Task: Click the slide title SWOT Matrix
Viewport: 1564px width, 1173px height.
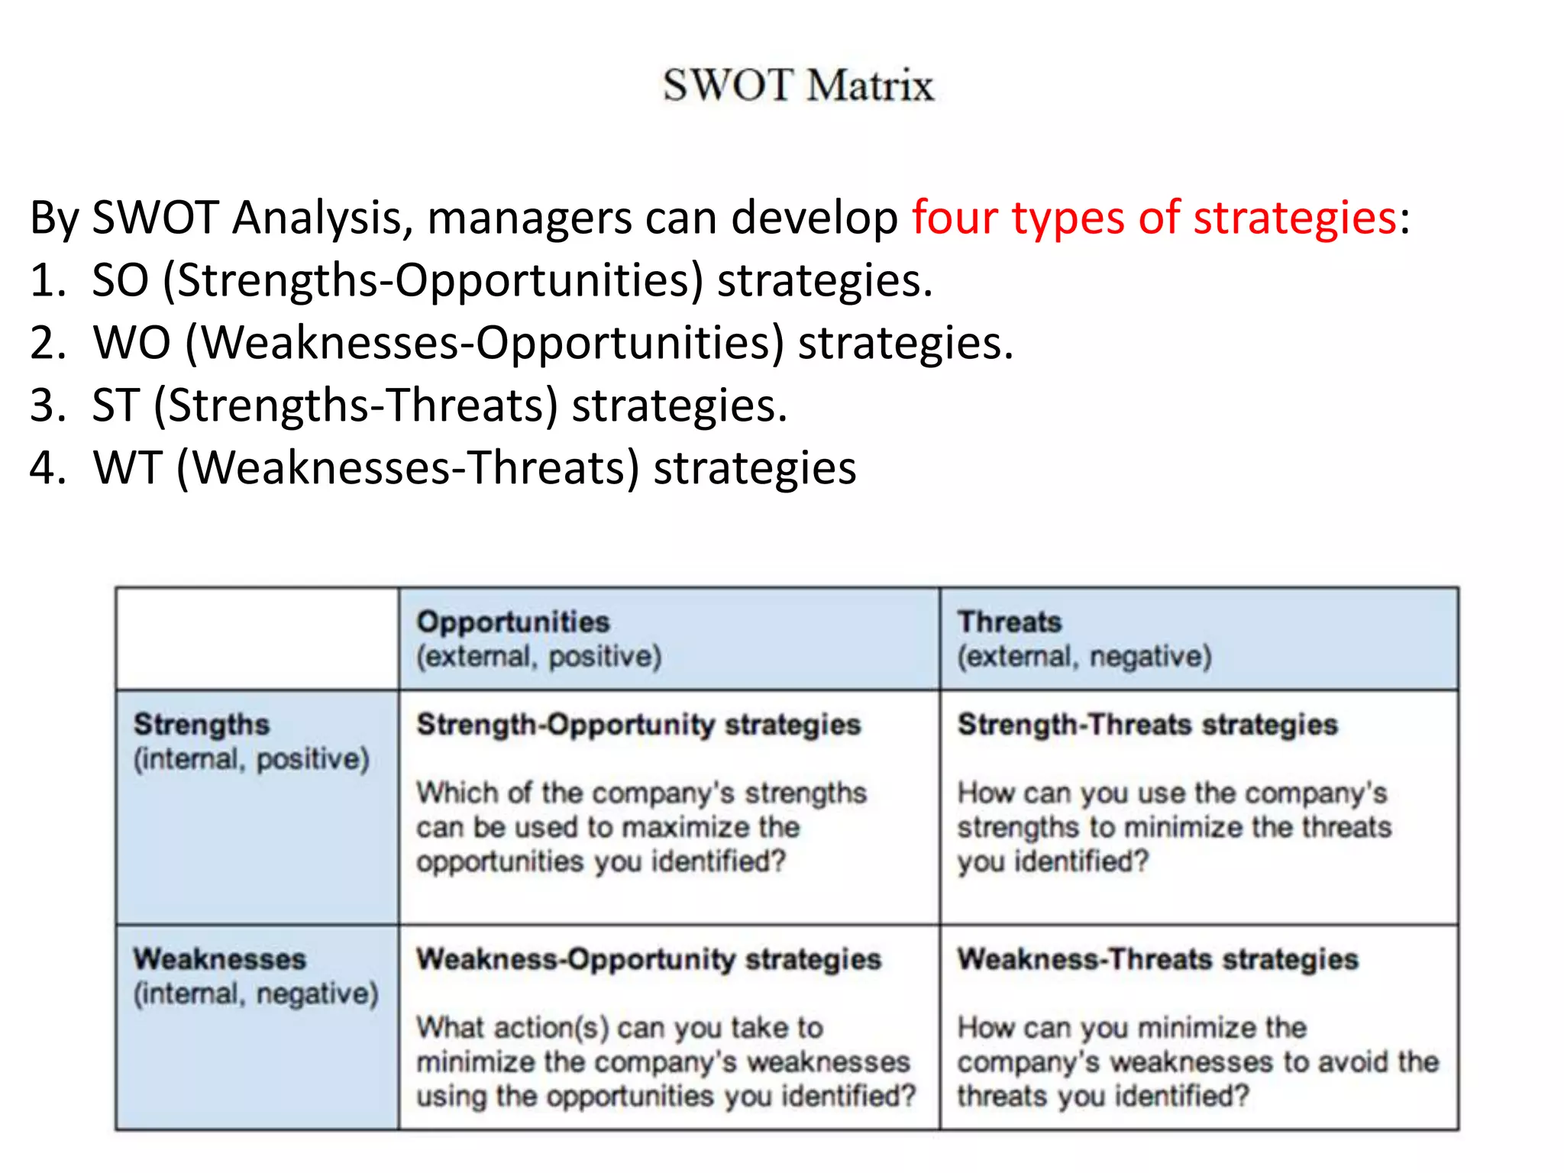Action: click(798, 85)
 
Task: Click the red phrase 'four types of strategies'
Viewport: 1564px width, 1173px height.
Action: click(1154, 218)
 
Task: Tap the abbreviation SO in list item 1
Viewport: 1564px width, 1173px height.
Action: click(120, 280)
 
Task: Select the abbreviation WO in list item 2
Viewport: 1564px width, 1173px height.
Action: click(131, 342)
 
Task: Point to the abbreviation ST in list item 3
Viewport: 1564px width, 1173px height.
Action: click(115, 405)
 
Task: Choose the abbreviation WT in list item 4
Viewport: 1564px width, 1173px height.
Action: click(127, 467)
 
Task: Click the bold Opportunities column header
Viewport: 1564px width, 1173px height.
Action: click(513, 622)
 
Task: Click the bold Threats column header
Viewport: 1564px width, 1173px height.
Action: click(1010, 622)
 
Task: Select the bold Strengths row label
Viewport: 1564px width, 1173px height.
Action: click(202, 724)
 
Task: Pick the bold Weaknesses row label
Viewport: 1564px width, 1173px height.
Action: click(220, 959)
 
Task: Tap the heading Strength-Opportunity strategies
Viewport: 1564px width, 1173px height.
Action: click(638, 724)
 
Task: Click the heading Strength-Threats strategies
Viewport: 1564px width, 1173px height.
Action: click(1148, 724)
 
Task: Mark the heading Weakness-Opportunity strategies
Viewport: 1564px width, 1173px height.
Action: click(648, 959)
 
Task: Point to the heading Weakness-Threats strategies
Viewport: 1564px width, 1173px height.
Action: click(1158, 959)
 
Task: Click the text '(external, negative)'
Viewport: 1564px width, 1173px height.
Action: click(1084, 657)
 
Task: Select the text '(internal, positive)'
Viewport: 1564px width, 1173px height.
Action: click(251, 759)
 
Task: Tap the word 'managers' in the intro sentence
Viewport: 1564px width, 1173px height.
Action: click(529, 218)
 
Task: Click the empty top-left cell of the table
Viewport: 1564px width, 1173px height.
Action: click(257, 638)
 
